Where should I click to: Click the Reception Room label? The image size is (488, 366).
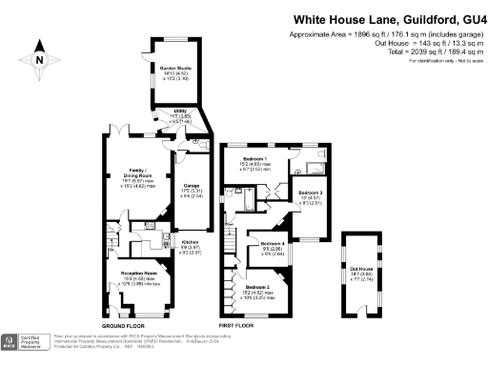tap(138, 273)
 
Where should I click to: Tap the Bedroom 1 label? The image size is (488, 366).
tap(254, 158)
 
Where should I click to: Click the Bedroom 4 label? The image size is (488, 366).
tap(274, 245)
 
